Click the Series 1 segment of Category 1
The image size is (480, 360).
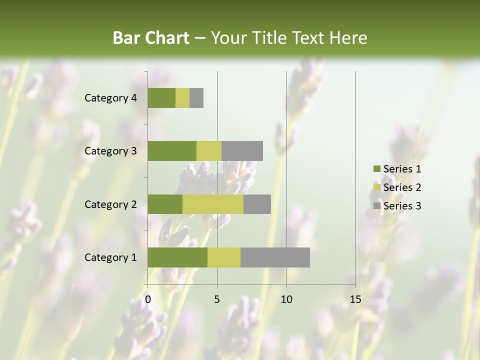coord(177,257)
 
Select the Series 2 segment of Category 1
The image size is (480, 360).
coord(223,257)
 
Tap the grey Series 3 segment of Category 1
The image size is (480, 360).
coord(275,257)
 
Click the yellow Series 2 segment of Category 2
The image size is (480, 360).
coord(212,204)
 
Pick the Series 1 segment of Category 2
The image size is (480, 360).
coord(164,204)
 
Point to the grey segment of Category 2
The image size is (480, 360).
coord(257,204)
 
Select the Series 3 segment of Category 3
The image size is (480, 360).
coord(242,151)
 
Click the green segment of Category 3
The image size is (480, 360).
coord(171,151)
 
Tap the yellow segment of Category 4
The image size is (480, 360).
coord(182,98)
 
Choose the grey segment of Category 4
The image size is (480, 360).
coord(196,98)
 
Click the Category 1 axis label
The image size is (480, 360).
coord(110,257)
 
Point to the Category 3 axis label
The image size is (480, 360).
coord(110,151)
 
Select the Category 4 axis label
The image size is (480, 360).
coord(110,98)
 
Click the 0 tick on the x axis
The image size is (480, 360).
coord(148,299)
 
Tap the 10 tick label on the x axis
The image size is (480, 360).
coord(286,299)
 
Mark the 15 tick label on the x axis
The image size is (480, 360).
coord(355,299)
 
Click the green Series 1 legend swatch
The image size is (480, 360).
coord(376,169)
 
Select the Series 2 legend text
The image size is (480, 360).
coord(402,187)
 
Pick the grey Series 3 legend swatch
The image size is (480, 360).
coord(376,206)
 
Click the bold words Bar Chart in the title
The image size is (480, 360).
coord(151,38)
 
